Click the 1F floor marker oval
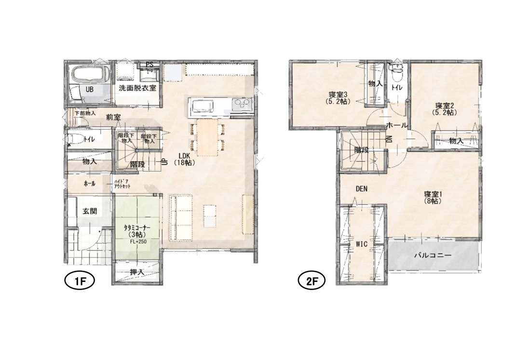point(79,281)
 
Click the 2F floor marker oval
point(311,281)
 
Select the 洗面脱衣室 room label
point(137,88)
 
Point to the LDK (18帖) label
point(183,159)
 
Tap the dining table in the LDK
point(207,137)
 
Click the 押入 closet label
point(137,271)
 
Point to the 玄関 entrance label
point(90,212)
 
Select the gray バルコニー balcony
point(433,255)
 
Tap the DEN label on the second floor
point(361,189)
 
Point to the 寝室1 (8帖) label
point(433,198)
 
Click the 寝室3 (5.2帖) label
point(339,97)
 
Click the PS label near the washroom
point(149,64)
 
